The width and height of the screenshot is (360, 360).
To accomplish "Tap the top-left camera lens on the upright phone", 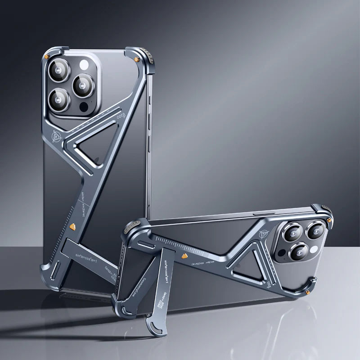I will [x=59, y=71].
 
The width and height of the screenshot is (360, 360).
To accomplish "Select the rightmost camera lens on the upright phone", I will [x=83, y=85].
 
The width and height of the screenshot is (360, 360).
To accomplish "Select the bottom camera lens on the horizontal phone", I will [x=297, y=252].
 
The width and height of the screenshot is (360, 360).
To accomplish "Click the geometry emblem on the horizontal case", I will [x=264, y=234].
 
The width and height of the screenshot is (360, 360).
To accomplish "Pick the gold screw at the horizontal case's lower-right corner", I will [x=307, y=293].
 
